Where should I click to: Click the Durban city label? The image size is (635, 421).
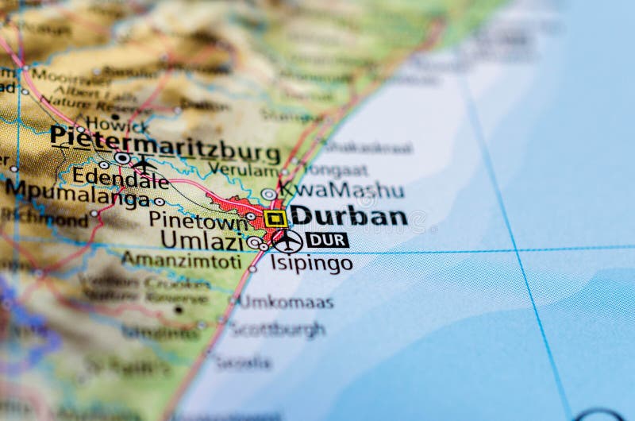pos(348,216)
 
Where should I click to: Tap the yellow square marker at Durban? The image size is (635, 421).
pos(275,218)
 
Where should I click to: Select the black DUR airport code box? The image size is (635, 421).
pos(327,240)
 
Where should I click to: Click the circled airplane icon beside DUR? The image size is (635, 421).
pos(287,241)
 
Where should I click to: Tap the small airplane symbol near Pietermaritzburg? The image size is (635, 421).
pos(144,164)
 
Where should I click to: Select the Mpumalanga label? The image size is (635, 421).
pos(76,193)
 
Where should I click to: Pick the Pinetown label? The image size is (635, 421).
pos(187,219)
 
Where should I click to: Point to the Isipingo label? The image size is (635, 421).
pos(311,263)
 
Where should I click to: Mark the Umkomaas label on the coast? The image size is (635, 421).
pos(286,302)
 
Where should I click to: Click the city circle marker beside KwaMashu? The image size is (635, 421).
pos(269,194)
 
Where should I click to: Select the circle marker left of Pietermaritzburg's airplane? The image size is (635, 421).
pos(121,159)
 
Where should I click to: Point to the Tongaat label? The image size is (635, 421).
pos(337,169)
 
